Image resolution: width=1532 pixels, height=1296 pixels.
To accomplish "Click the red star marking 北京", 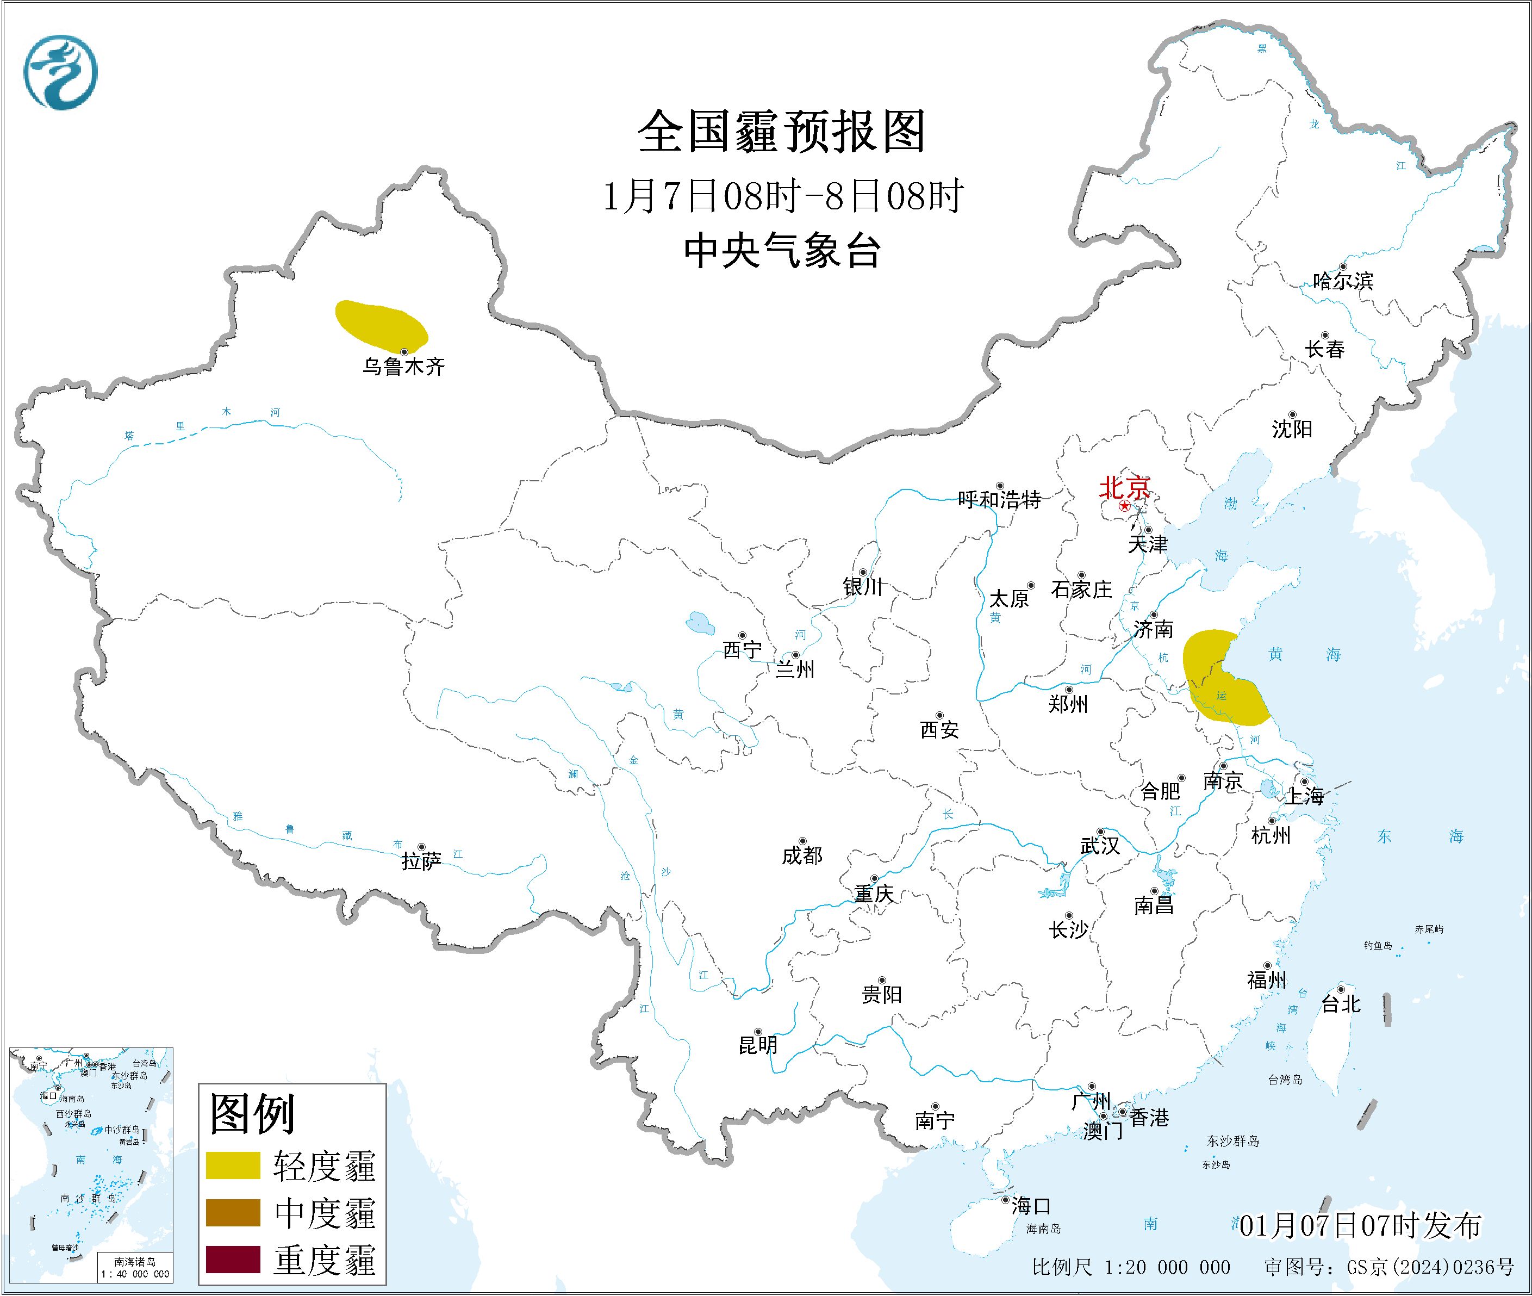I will click(1124, 507).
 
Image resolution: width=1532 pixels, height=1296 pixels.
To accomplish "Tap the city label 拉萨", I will click(421, 860).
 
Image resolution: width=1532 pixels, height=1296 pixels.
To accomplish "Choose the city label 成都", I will click(801, 855).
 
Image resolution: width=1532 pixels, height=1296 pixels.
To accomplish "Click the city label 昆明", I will click(757, 1045).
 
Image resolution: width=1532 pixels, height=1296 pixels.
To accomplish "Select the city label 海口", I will click(1030, 1206).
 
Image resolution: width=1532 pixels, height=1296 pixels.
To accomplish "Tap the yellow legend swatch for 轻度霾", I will click(233, 1165).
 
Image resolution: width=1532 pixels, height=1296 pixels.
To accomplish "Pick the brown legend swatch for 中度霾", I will click(233, 1212).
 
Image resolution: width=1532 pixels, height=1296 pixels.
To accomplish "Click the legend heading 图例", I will click(252, 1114).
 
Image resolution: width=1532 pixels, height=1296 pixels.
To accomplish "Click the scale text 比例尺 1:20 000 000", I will click(1130, 1267).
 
